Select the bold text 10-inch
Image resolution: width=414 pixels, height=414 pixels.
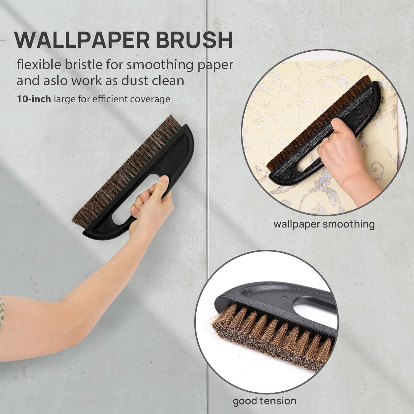click(34, 99)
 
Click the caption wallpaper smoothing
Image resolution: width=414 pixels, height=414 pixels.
click(324, 224)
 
